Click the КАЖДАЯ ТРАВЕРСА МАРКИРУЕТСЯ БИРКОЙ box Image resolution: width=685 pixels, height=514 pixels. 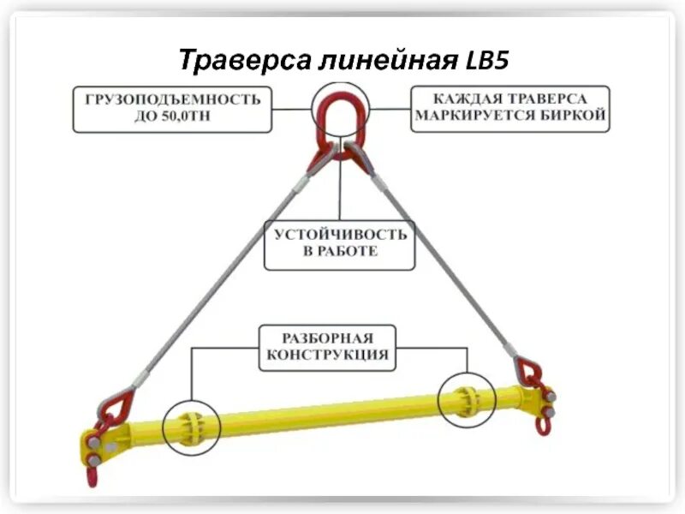click(x=510, y=108)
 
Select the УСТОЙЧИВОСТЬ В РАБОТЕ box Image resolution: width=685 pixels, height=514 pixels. click(x=339, y=243)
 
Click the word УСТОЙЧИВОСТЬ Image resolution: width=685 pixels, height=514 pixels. click(x=339, y=235)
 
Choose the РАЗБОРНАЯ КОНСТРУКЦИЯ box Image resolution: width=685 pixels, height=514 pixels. click(x=327, y=347)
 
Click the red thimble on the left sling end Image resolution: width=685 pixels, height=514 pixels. click(x=118, y=403)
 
